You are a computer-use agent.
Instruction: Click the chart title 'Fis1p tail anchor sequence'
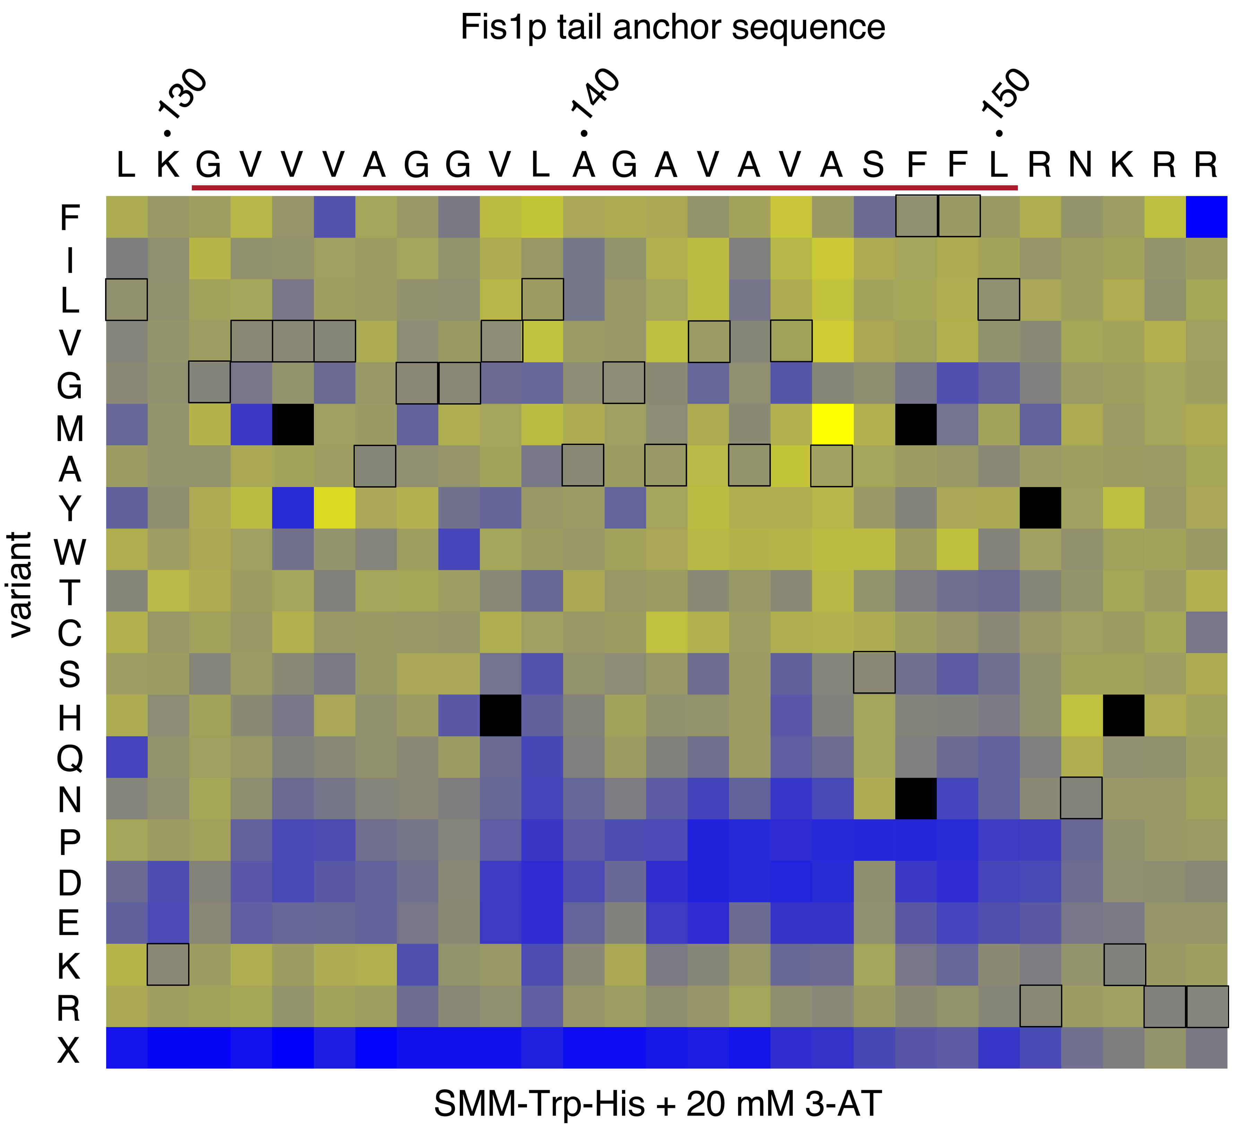click(672, 28)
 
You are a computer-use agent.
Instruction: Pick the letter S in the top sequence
click(873, 165)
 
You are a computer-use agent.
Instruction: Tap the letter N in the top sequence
click(1080, 165)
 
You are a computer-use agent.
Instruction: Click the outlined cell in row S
click(874, 672)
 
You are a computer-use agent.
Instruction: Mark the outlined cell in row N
click(1081, 798)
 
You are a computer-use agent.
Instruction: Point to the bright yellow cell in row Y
click(334, 508)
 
